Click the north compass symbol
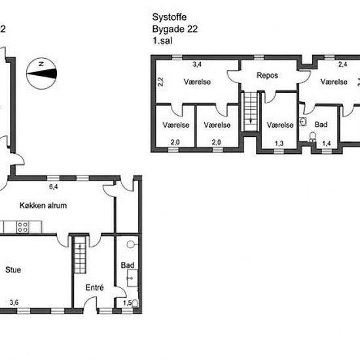click(x=41, y=73)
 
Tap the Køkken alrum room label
click(x=43, y=206)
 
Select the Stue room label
click(x=13, y=270)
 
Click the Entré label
click(x=95, y=287)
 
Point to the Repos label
click(x=267, y=75)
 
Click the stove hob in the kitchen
click(x=22, y=227)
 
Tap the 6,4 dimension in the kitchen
click(x=54, y=187)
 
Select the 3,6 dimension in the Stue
click(x=14, y=302)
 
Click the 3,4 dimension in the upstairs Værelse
click(x=197, y=64)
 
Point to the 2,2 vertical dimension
click(x=161, y=82)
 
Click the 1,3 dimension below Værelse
click(x=279, y=143)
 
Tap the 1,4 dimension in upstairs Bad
click(x=327, y=143)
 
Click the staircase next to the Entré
click(x=80, y=255)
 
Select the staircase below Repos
click(x=250, y=111)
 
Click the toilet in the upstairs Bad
click(x=312, y=136)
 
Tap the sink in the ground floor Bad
click(x=132, y=278)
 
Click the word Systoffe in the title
click(x=170, y=17)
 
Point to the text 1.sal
click(x=162, y=41)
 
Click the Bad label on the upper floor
click(x=321, y=124)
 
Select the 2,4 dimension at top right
click(x=342, y=65)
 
